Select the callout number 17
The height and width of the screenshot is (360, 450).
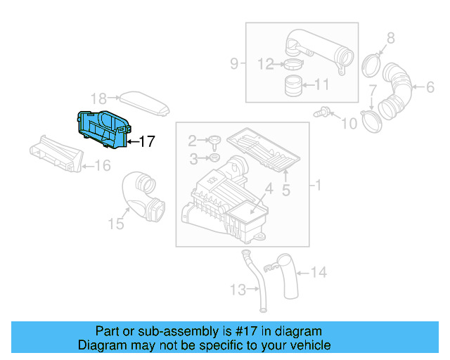tap(146, 141)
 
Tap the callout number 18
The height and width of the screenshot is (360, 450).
tap(98, 98)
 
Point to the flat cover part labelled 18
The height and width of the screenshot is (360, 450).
tap(144, 103)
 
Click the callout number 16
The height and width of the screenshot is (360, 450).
tap(103, 166)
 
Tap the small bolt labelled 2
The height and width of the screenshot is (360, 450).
tap(214, 140)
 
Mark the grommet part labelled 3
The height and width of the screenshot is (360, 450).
tap(214, 156)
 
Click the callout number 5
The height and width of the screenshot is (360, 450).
tap(285, 189)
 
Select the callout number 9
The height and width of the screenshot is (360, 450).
tap(234, 65)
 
